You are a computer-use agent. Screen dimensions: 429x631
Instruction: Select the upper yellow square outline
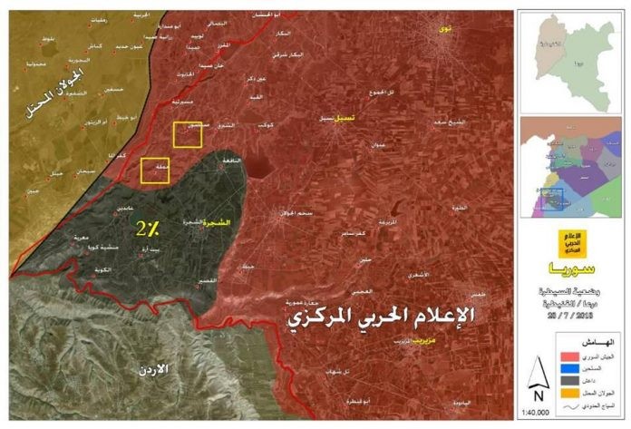pos(187,135)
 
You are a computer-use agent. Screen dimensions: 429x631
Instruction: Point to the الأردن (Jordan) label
pos(172,371)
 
